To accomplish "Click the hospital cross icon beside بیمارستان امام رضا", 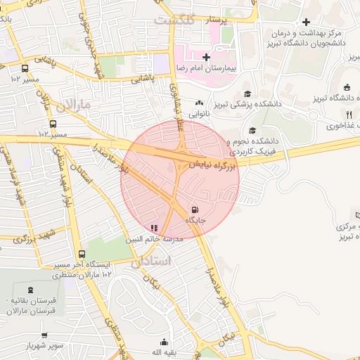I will coord(205,56).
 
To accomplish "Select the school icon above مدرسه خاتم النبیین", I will coord(154,228).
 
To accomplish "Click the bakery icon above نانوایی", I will coord(199,102).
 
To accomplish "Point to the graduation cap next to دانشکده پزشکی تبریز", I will coord(247,94).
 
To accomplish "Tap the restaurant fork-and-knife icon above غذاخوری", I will coord(349,115).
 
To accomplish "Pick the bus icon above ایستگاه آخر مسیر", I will coord(82,254).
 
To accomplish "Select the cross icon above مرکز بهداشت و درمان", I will coord(306,22).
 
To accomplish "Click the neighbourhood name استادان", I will coord(150,261).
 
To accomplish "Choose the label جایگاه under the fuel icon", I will coord(195,221).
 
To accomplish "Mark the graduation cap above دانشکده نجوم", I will coord(252,130).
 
